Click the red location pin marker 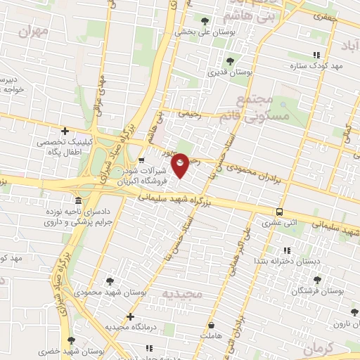[x=181, y=165]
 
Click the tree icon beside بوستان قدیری [x=230, y=61]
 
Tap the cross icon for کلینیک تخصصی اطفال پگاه [x=65, y=130]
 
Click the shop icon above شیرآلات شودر [x=141, y=160]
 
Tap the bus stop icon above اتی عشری [x=280, y=212]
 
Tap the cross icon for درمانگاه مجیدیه [x=130, y=317]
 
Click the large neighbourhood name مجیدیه [x=182, y=292]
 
